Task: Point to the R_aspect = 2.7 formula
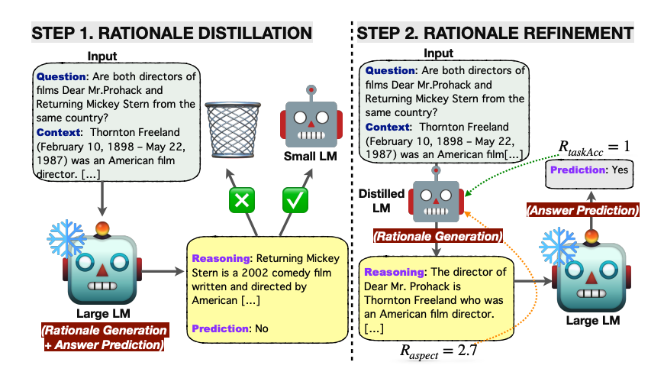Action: click(439, 352)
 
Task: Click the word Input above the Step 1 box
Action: click(103, 57)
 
